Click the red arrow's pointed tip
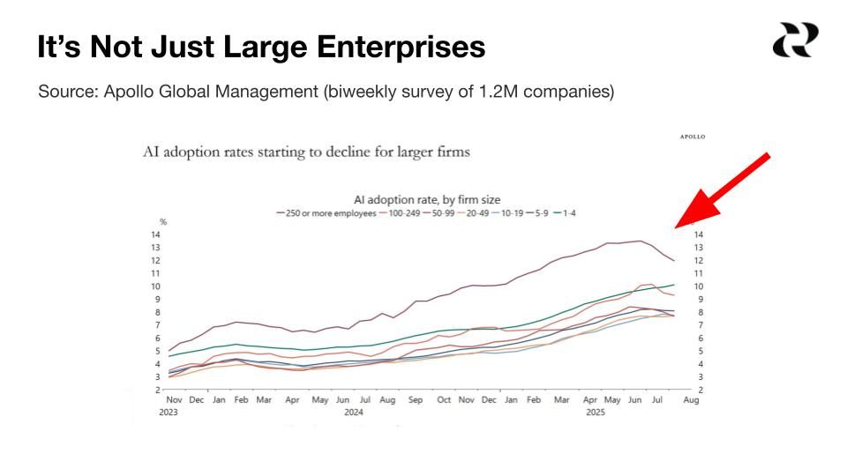point(676,227)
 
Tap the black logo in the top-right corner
point(795,41)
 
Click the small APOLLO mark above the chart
point(693,137)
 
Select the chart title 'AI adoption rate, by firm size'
point(427,200)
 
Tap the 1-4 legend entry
point(560,212)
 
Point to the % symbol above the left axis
point(162,222)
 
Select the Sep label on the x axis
point(416,400)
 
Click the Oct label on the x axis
point(444,400)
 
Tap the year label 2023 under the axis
point(169,412)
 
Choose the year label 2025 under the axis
point(596,412)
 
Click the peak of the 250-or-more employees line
point(638,241)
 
